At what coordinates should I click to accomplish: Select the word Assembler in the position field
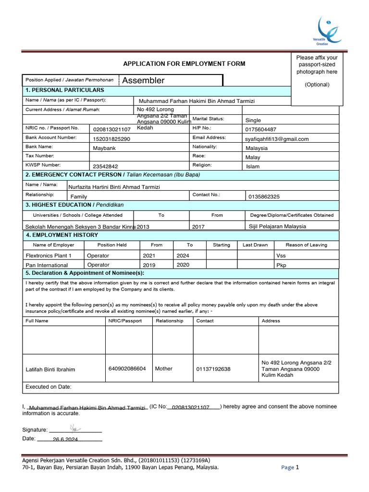[143, 81]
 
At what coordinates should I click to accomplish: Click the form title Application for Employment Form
[184, 63]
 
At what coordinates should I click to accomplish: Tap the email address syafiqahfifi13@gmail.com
[277, 139]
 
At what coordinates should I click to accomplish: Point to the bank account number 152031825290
[111, 139]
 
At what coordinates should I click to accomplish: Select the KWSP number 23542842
[105, 167]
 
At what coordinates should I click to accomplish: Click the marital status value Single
[253, 121]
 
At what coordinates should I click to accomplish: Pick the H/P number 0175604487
[260, 130]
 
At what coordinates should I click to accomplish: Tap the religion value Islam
[252, 167]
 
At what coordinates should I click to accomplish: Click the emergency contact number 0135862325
[264, 197]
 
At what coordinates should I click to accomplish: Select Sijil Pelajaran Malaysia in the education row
[277, 226]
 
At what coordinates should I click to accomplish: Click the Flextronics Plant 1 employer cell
[49, 256]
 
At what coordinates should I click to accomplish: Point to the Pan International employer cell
[47, 265]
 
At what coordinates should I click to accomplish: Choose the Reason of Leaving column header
[306, 245]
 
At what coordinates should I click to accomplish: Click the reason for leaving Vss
[281, 256]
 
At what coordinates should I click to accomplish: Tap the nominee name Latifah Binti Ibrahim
[50, 369]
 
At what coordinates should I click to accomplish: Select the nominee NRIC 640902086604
[127, 369]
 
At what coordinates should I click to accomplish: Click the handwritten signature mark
[74, 427]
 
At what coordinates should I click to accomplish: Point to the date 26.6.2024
[65, 440]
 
